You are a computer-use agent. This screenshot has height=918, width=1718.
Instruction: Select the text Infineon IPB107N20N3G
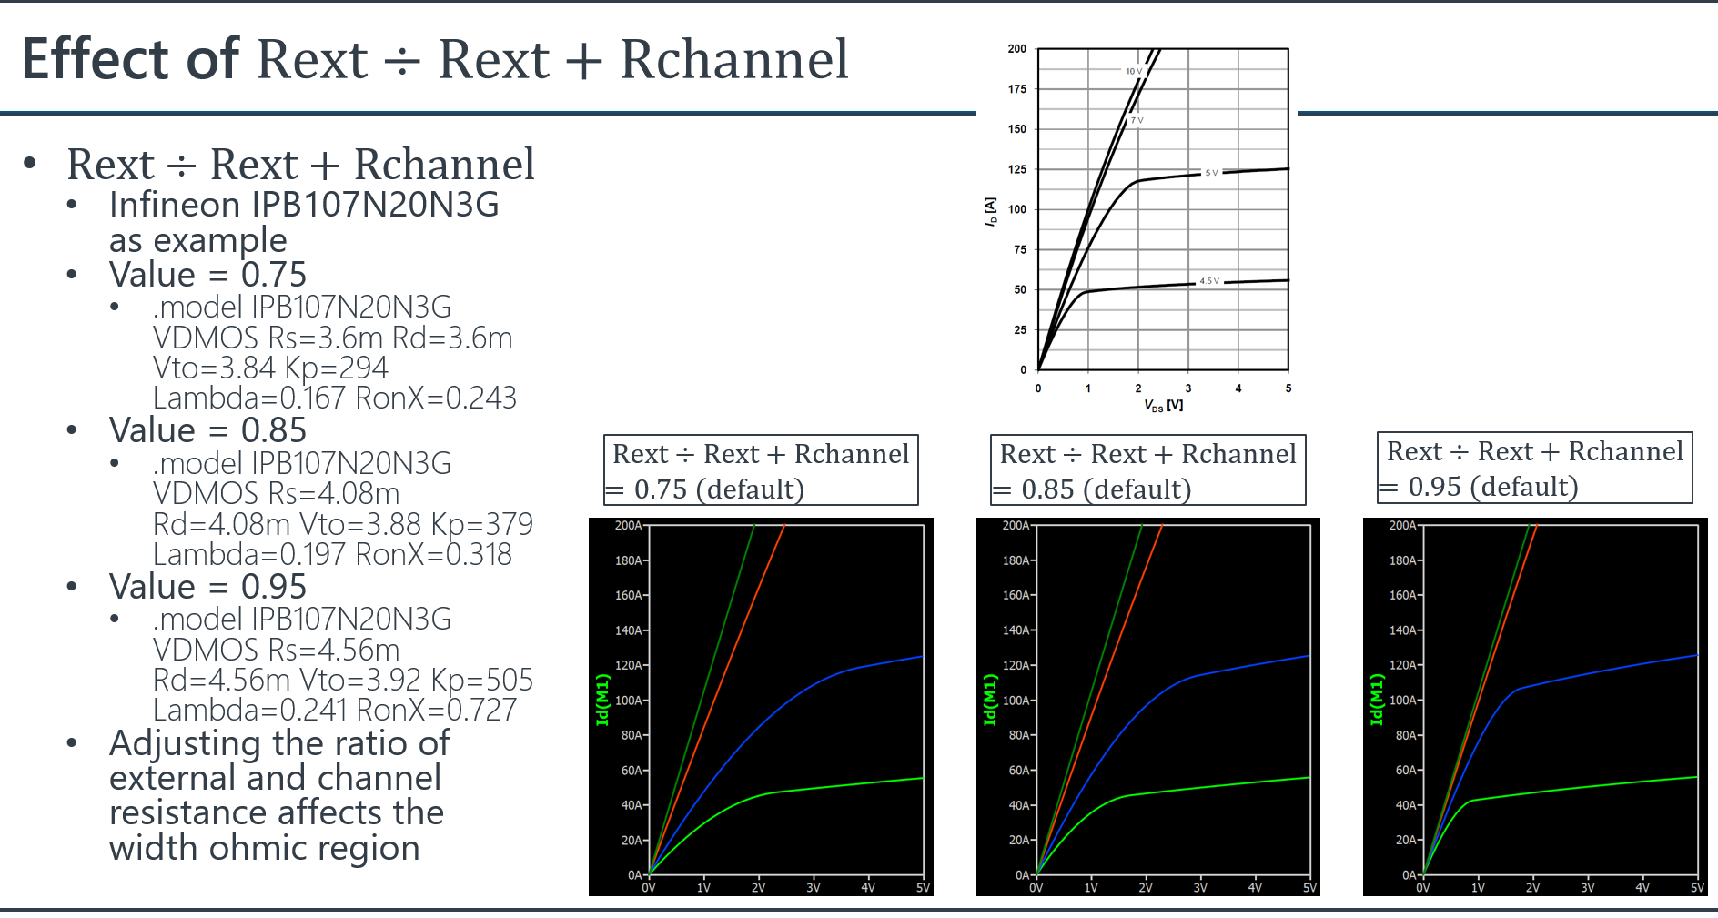[304, 205]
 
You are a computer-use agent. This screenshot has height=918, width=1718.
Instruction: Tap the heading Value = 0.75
[207, 275]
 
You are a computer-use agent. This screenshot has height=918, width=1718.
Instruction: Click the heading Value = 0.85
[207, 430]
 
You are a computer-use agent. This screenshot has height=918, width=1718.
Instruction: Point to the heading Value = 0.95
[207, 587]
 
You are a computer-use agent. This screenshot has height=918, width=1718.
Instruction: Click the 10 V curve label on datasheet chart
[1133, 71]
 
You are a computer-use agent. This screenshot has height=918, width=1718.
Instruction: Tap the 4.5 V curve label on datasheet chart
[1209, 281]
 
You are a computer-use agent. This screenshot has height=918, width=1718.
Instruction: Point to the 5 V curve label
[1211, 173]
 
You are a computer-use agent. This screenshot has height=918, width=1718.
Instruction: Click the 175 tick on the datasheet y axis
[1016, 89]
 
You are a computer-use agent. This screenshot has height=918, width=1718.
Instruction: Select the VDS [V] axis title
[1163, 405]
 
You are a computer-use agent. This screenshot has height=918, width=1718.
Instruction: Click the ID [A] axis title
[991, 211]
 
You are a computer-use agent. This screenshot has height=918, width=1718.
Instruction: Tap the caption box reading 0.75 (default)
[761, 470]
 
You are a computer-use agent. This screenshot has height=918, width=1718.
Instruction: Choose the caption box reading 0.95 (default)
[1534, 468]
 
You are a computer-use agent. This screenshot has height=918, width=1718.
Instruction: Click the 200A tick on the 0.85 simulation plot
[1016, 526]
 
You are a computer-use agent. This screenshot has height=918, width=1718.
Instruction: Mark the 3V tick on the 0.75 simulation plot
[813, 887]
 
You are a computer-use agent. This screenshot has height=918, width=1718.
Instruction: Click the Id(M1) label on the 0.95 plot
[1377, 700]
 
